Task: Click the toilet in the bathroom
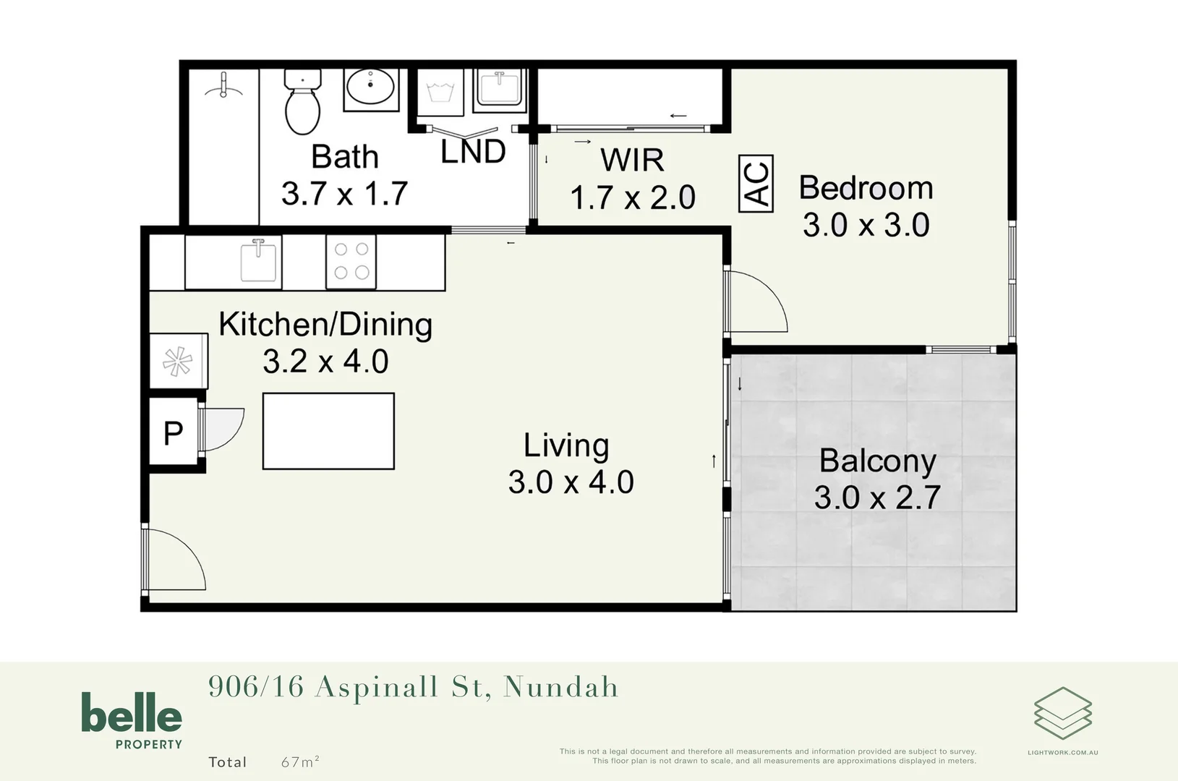pos(302,103)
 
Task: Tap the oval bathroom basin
pos(370,88)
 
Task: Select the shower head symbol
pos(223,86)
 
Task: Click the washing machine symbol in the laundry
pos(440,93)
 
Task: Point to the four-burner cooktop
pos(351,261)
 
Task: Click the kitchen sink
pos(258,260)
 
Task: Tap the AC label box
pos(756,184)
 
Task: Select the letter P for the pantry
pos(174,433)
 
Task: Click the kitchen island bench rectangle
pos(328,431)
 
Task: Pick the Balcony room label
pos(877,461)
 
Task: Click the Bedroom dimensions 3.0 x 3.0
pos(866,225)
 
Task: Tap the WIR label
pos(632,160)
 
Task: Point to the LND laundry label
pos(473,152)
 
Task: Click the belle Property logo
pos(132,720)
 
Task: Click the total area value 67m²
pos(300,761)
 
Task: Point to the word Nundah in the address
pos(561,687)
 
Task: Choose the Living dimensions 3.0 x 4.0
pos(571,482)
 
